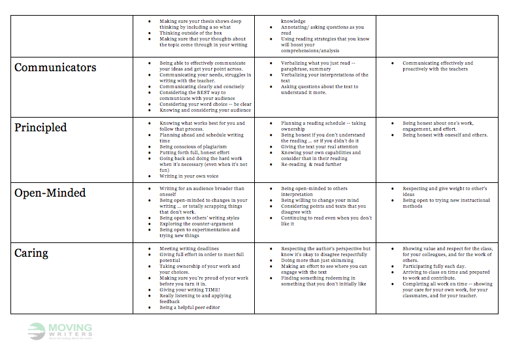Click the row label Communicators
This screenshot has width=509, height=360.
click(x=55, y=67)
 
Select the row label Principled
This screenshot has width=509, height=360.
click(x=41, y=127)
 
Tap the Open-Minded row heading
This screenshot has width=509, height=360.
click(x=51, y=193)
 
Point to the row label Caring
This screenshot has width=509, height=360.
click(x=31, y=253)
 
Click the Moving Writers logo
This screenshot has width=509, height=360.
click(x=60, y=331)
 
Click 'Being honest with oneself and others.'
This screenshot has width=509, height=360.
click(x=445, y=135)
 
